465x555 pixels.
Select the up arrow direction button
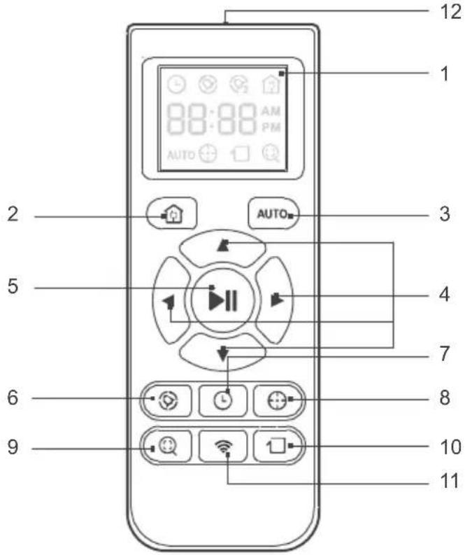pyautogui.click(x=222, y=247)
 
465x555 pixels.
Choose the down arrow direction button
pyautogui.click(x=222, y=352)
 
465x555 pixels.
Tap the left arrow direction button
pyautogui.click(x=168, y=299)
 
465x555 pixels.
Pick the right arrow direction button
pyautogui.click(x=278, y=299)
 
